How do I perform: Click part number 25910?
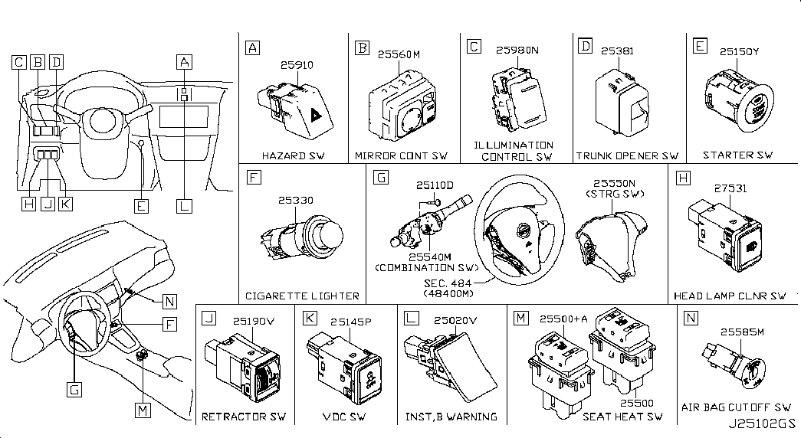[297, 65]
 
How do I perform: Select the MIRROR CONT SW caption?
[401, 155]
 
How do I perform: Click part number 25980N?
[517, 50]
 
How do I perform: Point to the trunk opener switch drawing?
[622, 105]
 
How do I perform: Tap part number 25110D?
[434, 185]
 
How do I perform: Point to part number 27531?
[730, 188]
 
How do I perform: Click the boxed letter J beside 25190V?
[209, 318]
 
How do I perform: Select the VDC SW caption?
[344, 417]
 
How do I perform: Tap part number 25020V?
[455, 321]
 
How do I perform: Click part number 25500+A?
[563, 319]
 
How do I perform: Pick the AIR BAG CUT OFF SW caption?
[736, 407]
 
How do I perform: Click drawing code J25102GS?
[762, 424]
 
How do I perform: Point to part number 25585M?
[742, 332]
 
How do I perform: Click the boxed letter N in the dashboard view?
[169, 302]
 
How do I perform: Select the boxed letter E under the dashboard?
[141, 206]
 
